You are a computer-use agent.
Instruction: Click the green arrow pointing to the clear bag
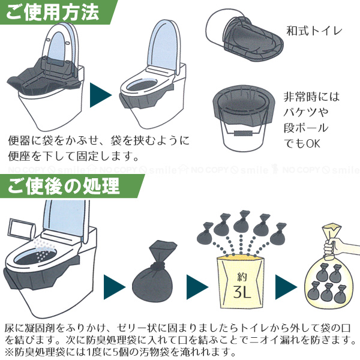pyautogui.click(x=284, y=280)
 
